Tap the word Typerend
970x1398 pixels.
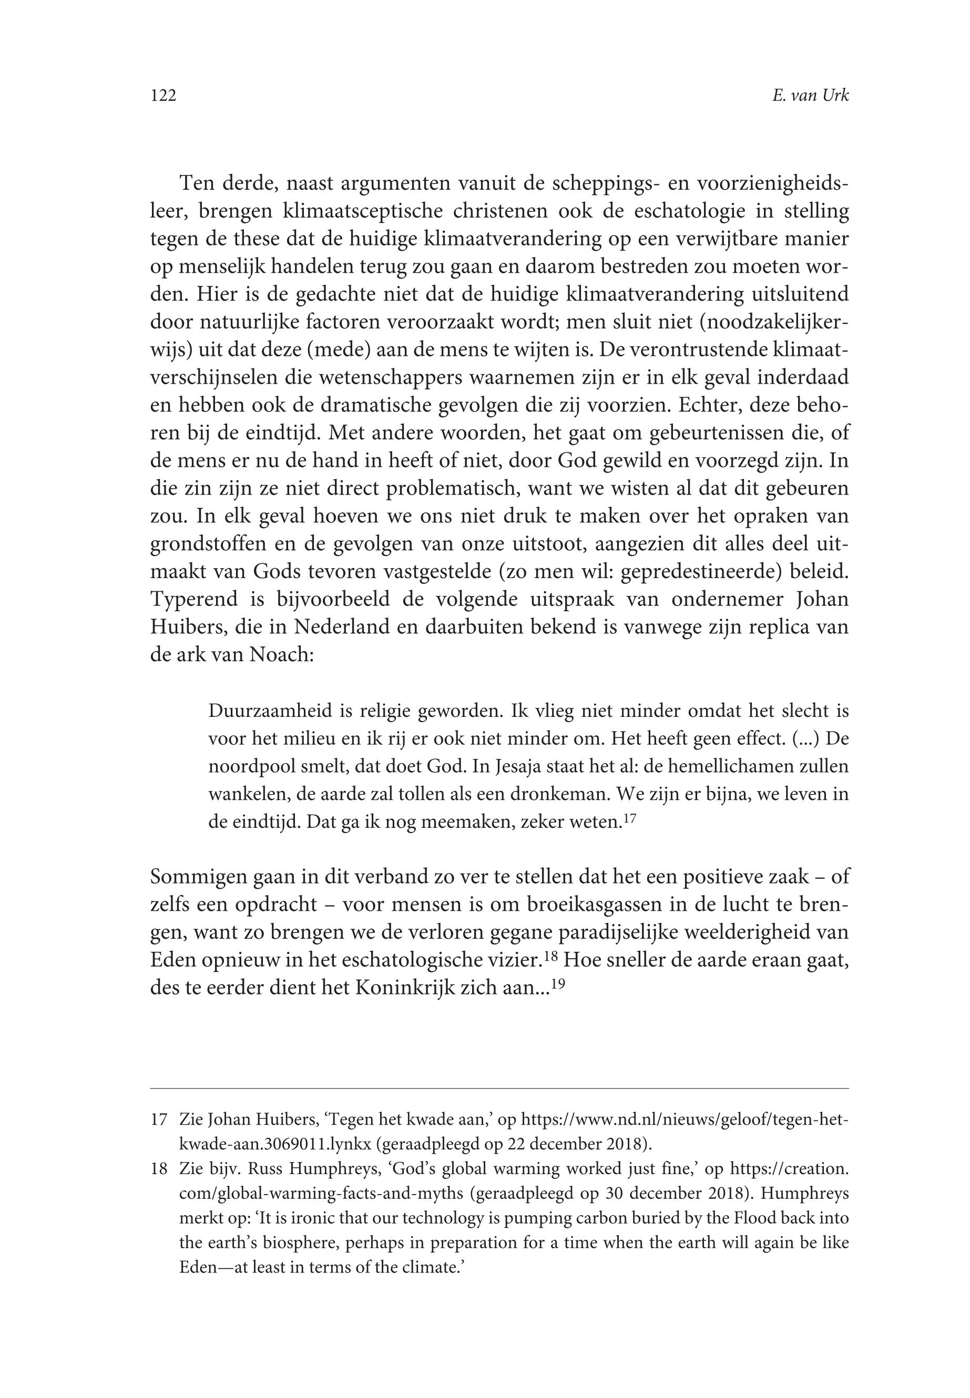[x=192, y=600]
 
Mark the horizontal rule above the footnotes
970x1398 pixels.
[x=499, y=1089]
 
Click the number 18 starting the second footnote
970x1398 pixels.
[x=159, y=1169]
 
